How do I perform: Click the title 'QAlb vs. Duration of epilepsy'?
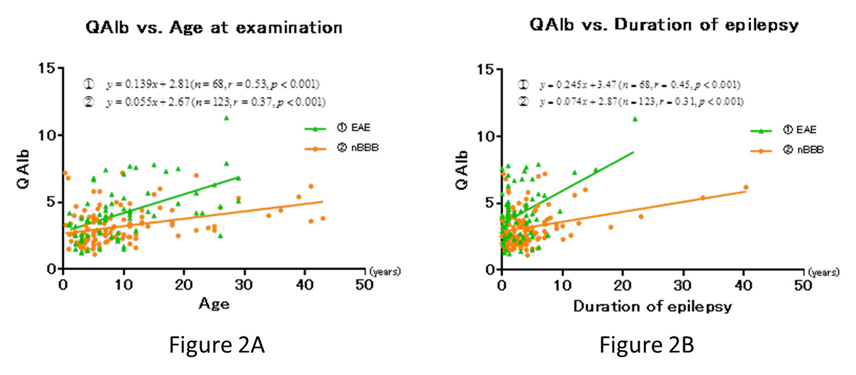(664, 26)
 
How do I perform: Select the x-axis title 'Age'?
(214, 304)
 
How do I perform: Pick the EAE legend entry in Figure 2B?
(800, 130)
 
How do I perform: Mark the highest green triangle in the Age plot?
(226, 118)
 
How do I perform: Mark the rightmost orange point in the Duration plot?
(746, 187)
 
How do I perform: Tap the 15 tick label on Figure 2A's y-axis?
(46, 69)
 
